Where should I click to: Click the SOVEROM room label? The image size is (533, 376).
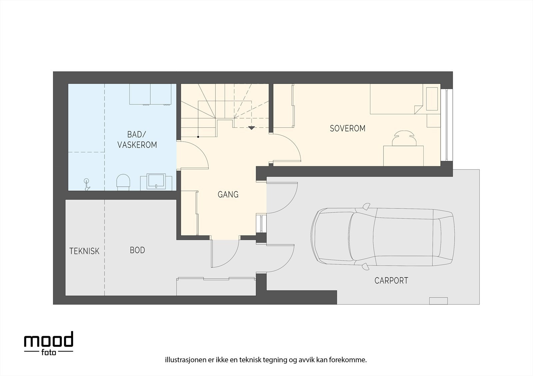pos(347,128)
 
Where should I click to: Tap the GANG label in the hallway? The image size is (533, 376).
pos(228,194)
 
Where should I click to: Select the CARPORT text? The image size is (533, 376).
pos(391,281)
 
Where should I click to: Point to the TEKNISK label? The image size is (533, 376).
pos(84,251)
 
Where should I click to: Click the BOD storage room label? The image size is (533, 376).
pos(137,250)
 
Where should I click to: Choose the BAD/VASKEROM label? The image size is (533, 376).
pos(137,140)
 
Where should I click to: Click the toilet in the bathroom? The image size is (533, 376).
pos(124,182)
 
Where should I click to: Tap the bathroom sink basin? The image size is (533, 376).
pos(157,181)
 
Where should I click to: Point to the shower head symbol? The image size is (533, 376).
pos(87,184)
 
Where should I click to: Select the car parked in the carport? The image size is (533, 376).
pos(382,237)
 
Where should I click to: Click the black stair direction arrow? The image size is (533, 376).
pos(252,128)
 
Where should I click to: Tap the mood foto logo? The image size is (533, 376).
pos(49,343)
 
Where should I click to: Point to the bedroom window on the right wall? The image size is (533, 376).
pos(446,125)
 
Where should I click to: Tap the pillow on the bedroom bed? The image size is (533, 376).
pos(432,99)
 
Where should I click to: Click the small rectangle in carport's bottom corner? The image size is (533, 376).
pos(438,301)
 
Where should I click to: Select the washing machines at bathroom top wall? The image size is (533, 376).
pos(150,94)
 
